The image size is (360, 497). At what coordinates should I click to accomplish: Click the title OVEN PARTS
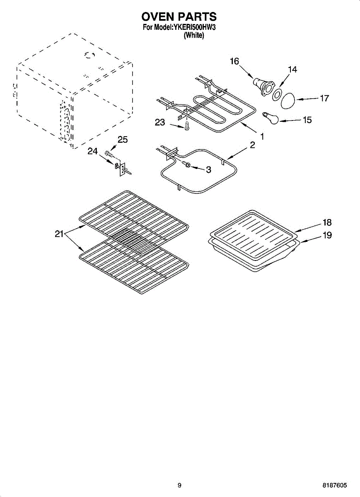point(179,17)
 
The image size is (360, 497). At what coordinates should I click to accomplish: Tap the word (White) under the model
point(194,36)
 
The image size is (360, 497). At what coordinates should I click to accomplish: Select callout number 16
point(234,61)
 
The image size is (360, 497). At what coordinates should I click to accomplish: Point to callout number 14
point(292,70)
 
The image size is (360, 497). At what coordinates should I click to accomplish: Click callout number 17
point(324,98)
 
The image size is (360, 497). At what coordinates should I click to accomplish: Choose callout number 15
point(307,120)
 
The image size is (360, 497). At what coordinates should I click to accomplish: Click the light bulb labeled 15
point(271,118)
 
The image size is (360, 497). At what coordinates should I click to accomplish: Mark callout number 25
point(123,140)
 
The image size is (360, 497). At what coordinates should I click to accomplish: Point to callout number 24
point(92,151)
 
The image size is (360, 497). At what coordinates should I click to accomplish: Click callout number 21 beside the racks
point(59,234)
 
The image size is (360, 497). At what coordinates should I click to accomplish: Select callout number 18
point(327,222)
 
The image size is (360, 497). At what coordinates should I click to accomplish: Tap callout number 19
point(327,235)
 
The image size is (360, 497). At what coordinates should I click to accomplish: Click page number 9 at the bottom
point(179,485)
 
